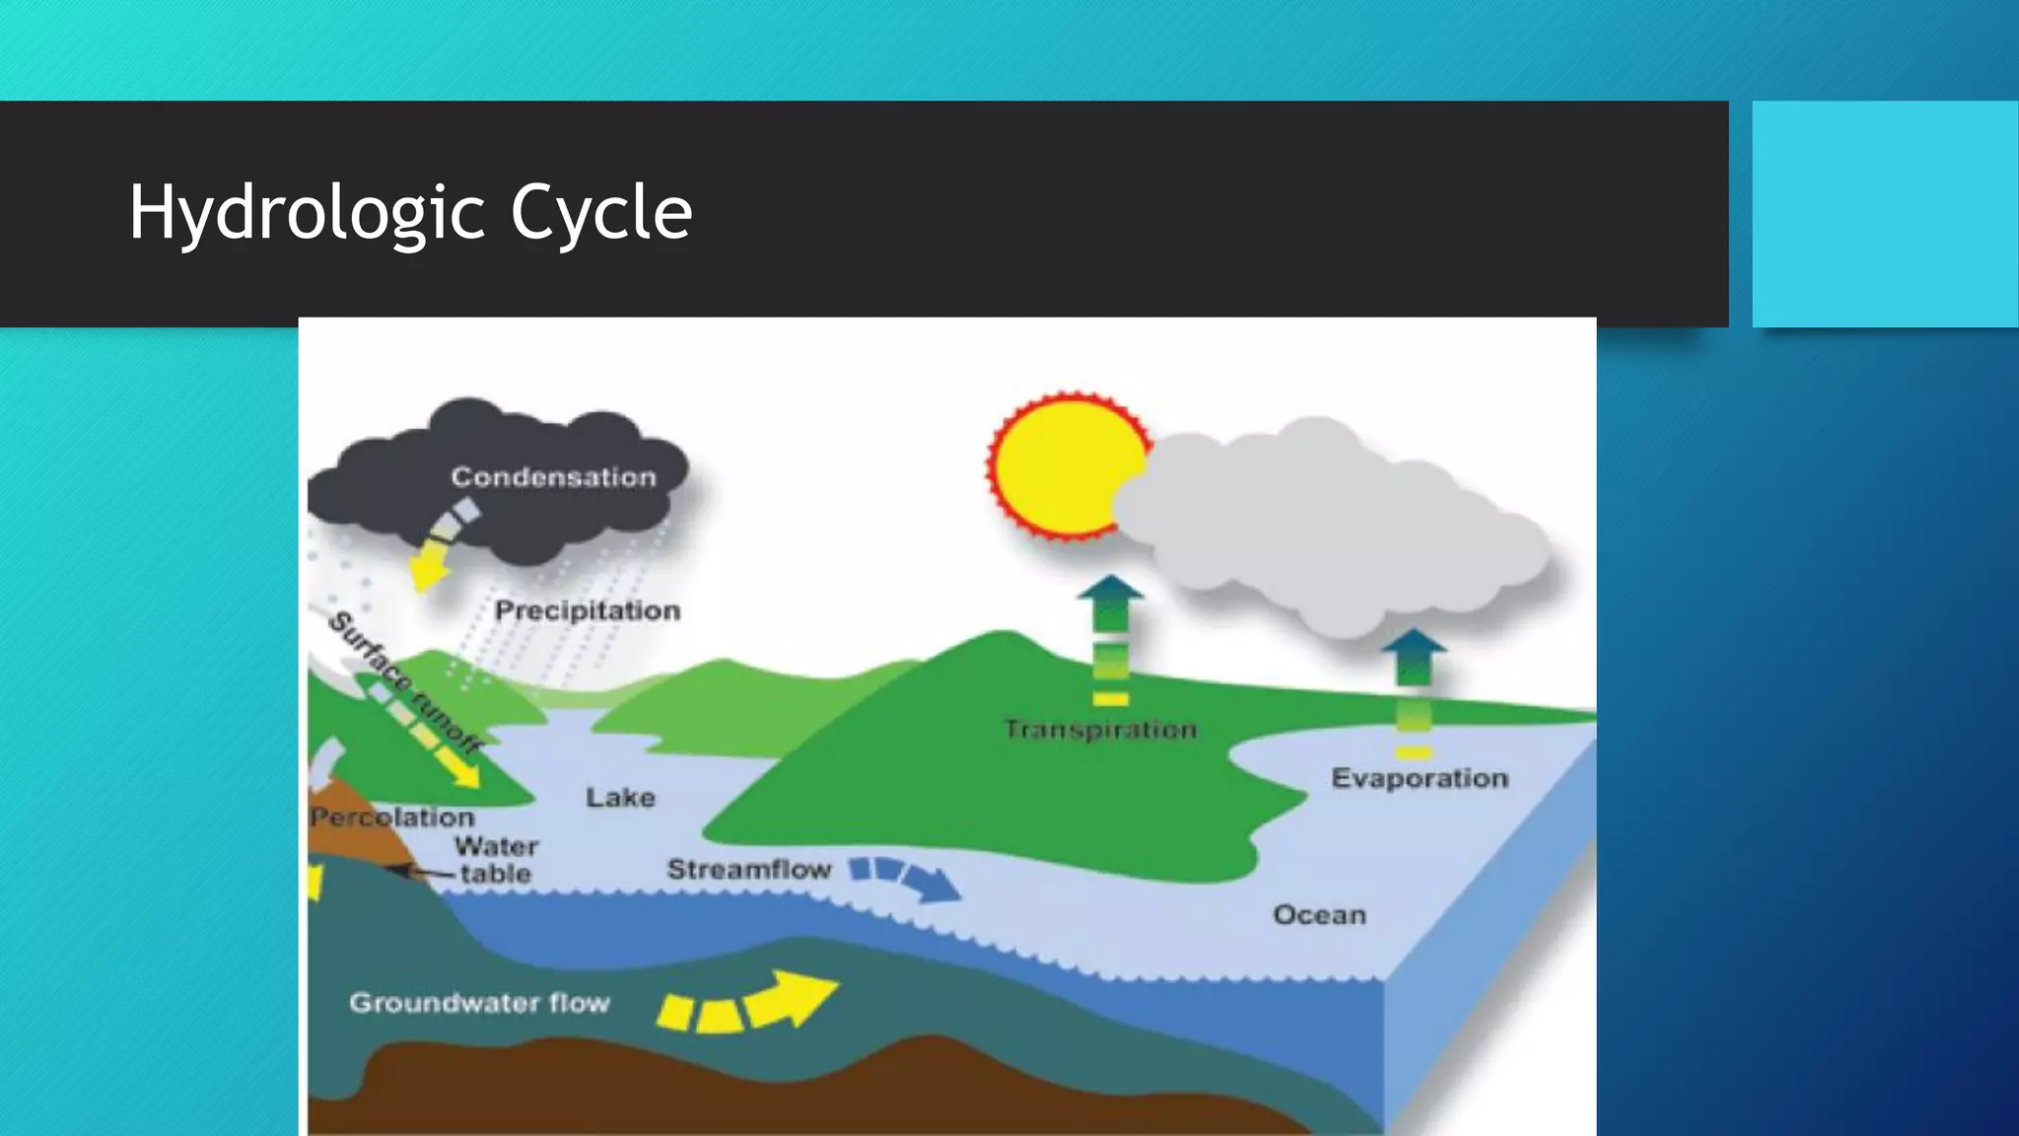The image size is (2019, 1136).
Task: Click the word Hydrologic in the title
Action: pos(307,213)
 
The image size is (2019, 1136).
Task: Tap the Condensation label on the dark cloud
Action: pos(553,477)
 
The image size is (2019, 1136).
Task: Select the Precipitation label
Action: pos(588,611)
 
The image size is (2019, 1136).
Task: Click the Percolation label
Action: pos(392,817)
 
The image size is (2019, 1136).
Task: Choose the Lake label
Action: pos(620,797)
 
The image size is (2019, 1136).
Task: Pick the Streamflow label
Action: pos(749,870)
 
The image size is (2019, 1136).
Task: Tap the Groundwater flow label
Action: pos(479,1003)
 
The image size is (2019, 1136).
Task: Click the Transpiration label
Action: pos(1100,730)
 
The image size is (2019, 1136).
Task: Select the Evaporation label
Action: pos(1420,778)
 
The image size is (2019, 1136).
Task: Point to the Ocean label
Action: pos(1319,915)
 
